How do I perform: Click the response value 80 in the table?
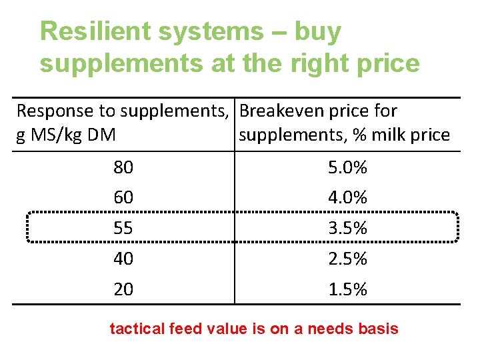click(123, 168)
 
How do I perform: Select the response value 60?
click(123, 198)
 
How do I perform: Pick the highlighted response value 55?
click(123, 228)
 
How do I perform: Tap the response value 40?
click(123, 259)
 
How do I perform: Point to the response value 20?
click(123, 289)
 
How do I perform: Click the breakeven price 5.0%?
click(347, 168)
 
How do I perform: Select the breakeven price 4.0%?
click(347, 198)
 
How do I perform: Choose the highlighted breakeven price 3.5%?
click(347, 228)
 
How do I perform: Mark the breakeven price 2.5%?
click(347, 259)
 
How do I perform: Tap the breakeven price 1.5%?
click(347, 289)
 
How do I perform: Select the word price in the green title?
click(387, 64)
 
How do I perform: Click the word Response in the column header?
click(54, 111)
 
